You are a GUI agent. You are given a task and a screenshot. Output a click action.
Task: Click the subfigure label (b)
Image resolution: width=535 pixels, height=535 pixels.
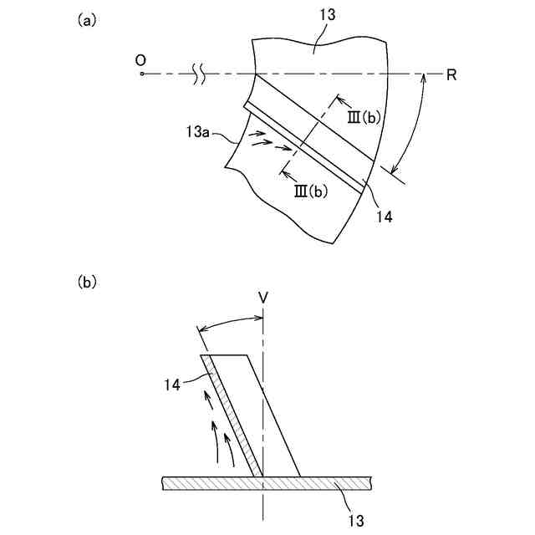click(87, 283)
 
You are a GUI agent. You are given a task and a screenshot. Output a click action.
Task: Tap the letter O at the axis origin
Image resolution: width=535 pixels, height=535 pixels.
click(141, 60)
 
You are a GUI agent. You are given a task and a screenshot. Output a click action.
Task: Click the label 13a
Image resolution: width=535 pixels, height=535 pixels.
click(197, 131)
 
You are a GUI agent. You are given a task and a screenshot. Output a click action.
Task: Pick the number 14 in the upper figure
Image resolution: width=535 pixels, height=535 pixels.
click(385, 216)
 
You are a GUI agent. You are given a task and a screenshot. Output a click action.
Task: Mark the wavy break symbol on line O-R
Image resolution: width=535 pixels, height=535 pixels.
click(199, 75)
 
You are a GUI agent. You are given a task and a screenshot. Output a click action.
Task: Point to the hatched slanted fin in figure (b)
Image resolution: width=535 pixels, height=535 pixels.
click(234, 418)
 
